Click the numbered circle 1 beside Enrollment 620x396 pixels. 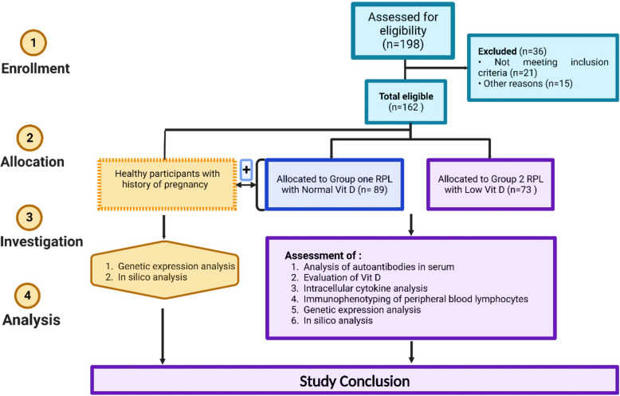click(33, 42)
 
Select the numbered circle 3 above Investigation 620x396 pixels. click(29, 217)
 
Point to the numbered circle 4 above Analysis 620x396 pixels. click(29, 296)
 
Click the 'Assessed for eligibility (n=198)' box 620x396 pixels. click(403, 31)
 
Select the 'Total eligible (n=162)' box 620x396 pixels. click(406, 101)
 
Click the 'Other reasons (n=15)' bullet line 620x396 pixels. click(525, 84)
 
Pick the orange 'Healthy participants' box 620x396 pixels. click(167, 184)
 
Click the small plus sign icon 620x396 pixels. click(246, 170)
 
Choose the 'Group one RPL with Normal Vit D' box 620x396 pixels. click(334, 184)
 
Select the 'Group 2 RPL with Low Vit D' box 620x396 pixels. click(490, 184)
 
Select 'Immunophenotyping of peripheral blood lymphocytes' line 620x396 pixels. click(410, 299)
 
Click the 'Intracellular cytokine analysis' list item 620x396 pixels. click(359, 288)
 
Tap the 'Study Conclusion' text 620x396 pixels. click(355, 382)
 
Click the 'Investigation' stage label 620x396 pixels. click(41, 241)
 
